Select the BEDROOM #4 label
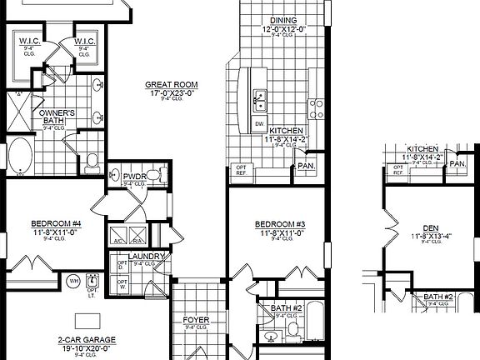click(57, 223)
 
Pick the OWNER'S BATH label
click(57, 117)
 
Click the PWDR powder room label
click(135, 177)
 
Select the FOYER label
click(196, 320)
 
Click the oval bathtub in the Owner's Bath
click(19, 157)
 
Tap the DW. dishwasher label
click(259, 124)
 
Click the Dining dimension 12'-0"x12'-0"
click(284, 29)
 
